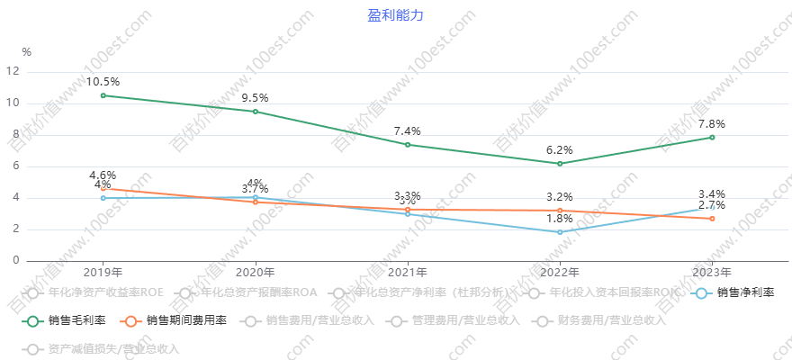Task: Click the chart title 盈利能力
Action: tap(395, 15)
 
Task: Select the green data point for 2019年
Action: tap(103, 95)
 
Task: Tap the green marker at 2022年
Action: tap(560, 164)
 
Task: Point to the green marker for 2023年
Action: tap(712, 137)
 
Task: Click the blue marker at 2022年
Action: tap(560, 232)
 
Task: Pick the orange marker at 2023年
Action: tap(712, 219)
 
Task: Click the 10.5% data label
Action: tap(103, 82)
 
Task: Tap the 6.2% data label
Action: tap(559, 150)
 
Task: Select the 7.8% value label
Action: tap(711, 124)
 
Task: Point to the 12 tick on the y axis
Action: tap(13, 72)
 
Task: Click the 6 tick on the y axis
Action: tap(15, 166)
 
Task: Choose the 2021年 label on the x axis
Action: tap(407, 272)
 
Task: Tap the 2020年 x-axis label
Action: tap(255, 272)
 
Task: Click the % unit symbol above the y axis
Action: tap(26, 52)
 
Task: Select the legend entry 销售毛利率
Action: tap(76, 319)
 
